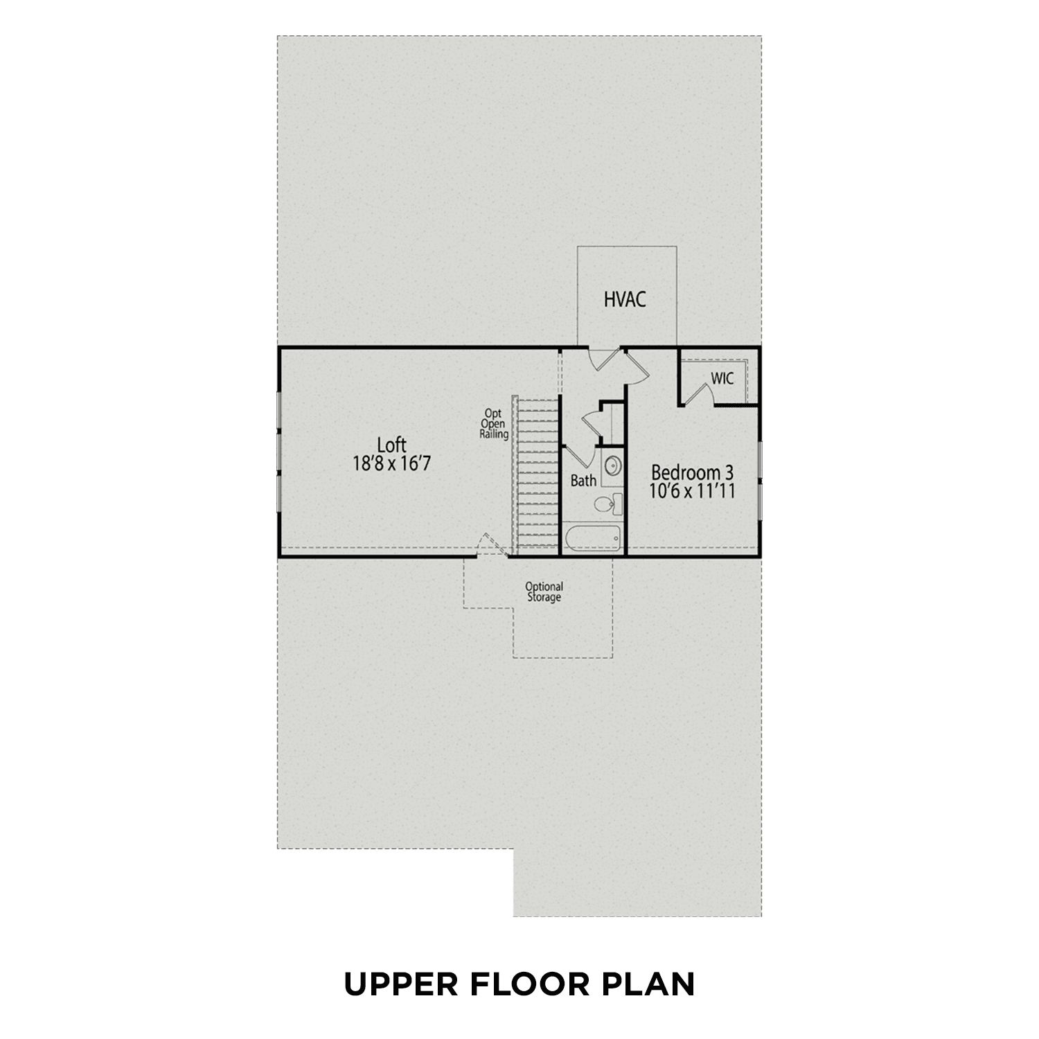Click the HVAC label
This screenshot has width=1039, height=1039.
coord(625,299)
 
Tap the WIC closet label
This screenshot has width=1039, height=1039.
coord(722,379)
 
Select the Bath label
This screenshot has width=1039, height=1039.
coord(583,480)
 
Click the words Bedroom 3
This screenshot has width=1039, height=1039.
coord(692,473)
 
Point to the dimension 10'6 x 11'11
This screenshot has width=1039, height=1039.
coord(692,491)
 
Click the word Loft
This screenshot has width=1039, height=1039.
coord(391,445)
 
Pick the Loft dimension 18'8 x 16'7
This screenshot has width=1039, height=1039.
coord(391,463)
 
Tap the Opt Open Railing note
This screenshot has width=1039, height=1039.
coord(495,424)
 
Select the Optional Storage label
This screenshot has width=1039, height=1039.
coord(544,592)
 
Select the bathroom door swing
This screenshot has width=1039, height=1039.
coord(580,461)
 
